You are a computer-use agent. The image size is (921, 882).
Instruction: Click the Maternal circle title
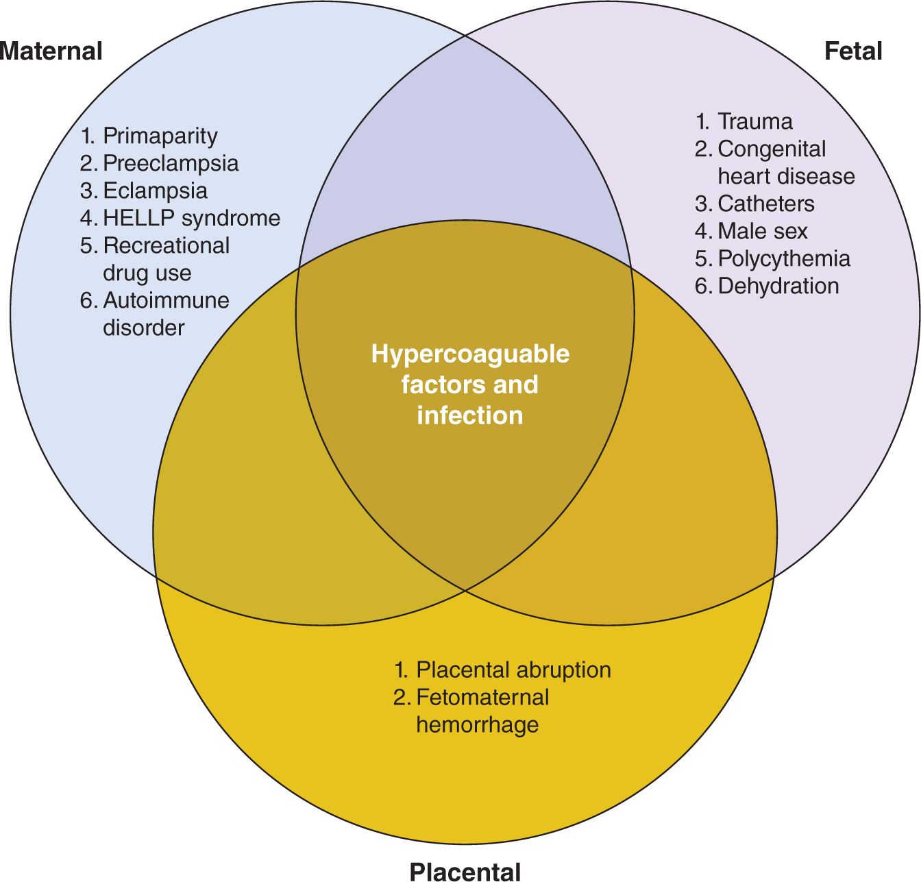point(51,51)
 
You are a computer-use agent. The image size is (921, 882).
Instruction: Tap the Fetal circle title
point(852,51)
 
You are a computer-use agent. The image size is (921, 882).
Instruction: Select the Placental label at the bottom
point(465,871)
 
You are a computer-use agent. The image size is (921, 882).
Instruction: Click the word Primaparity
point(160,136)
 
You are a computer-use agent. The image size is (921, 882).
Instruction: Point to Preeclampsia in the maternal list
point(171,163)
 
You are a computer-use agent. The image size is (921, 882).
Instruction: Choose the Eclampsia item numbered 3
point(155,191)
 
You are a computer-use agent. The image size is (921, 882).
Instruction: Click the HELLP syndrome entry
point(191,218)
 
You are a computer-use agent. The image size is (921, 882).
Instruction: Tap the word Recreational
point(166,245)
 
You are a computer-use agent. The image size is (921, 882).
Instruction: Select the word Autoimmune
point(166,300)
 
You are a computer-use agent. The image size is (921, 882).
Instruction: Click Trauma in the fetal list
point(754,121)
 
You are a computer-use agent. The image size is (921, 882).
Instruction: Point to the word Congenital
point(772,149)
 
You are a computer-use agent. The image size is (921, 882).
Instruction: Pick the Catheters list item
point(765,204)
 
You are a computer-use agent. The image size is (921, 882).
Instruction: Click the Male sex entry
point(762,231)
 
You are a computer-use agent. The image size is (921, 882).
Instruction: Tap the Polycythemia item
point(783,258)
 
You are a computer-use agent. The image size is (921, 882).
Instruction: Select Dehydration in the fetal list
point(778,286)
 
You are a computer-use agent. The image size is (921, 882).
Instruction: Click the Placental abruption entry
point(513,670)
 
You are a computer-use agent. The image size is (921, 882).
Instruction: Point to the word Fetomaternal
point(482,697)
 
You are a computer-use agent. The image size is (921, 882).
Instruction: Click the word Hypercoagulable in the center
point(470,354)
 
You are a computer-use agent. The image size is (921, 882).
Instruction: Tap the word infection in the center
point(470,415)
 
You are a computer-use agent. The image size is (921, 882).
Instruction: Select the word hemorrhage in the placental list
point(477,724)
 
